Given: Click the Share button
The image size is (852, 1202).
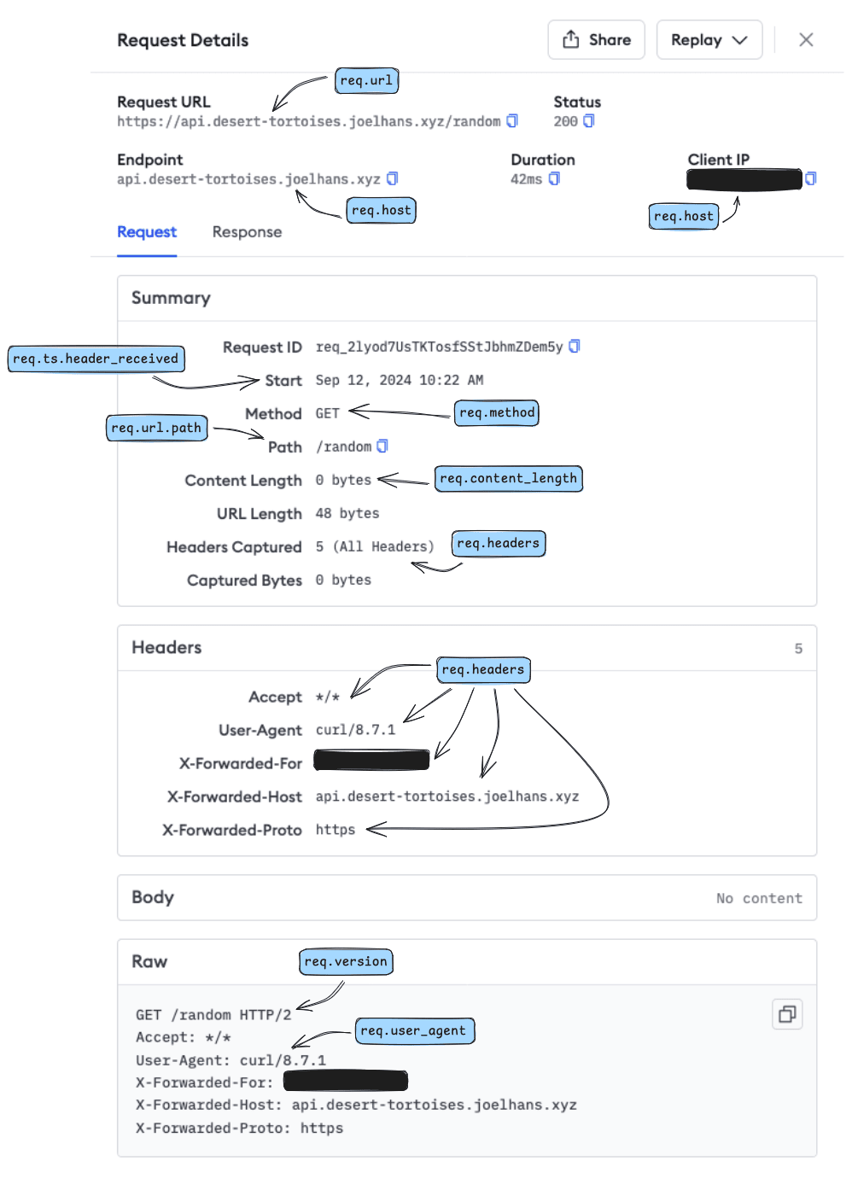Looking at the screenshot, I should tap(596, 40).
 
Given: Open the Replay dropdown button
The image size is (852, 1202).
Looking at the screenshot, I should tap(709, 40).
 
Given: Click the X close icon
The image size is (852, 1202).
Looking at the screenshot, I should tap(805, 40).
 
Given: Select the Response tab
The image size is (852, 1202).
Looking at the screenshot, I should tap(247, 232).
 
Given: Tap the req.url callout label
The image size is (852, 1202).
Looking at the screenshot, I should tap(366, 80).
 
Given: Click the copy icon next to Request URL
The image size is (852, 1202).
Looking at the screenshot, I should tap(512, 121).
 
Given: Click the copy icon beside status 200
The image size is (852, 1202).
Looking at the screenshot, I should tap(588, 121).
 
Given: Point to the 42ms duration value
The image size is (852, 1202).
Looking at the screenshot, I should tap(526, 179).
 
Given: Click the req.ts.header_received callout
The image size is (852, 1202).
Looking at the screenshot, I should tap(96, 359).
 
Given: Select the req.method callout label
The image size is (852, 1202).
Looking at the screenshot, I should tap(497, 413).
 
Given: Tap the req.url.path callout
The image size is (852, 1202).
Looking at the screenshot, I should tap(156, 428).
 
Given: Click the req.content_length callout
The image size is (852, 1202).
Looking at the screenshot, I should tap(508, 479).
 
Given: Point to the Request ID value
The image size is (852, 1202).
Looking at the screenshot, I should tap(439, 347).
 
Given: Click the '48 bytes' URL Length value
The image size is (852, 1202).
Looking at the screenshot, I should tap(347, 513).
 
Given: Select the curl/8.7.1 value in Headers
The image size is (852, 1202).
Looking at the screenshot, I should tap(355, 730).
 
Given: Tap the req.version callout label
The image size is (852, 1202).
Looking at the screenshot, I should tap(346, 961).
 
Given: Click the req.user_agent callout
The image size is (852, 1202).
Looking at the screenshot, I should tap(413, 1031).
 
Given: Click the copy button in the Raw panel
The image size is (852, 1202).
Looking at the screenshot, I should tap(786, 1014).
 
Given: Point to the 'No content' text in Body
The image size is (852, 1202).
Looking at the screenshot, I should tap(759, 898).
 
